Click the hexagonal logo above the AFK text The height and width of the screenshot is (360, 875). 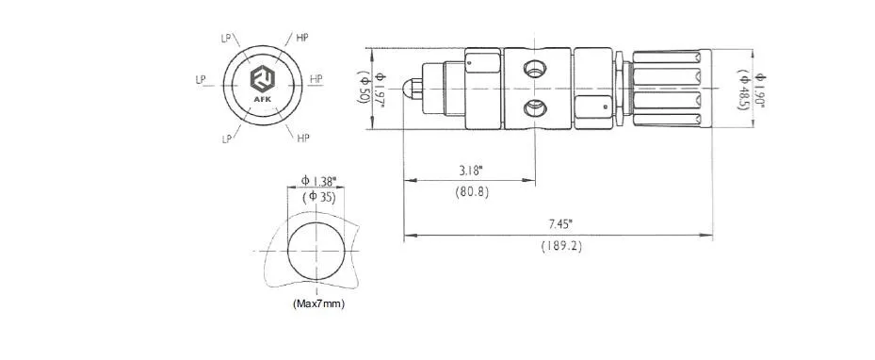point(262,79)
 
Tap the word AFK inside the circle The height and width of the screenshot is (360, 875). point(262,100)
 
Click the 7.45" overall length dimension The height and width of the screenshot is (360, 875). point(561,224)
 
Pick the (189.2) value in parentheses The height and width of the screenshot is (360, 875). point(561,246)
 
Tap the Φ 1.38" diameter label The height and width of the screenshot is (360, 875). point(318,181)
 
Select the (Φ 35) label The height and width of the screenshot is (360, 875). point(318,196)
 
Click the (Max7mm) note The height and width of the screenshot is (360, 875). point(318,304)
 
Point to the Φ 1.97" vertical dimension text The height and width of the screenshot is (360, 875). point(381,90)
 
